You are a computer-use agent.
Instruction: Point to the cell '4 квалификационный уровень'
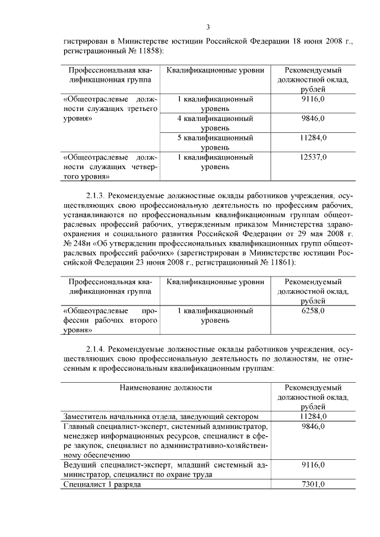215,123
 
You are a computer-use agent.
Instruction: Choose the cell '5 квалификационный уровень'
215,142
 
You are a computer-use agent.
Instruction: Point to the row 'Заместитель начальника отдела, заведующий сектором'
161,416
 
